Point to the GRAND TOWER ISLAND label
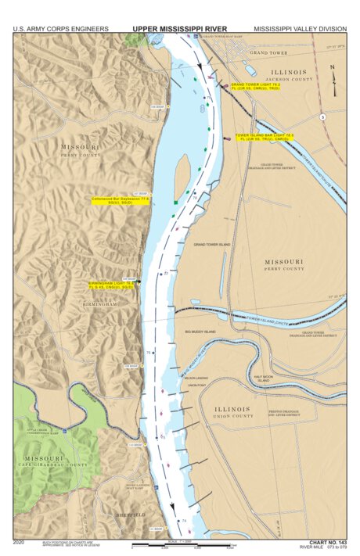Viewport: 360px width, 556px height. (212, 245)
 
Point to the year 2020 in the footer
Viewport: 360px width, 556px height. (20, 541)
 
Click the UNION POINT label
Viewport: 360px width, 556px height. (196, 385)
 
